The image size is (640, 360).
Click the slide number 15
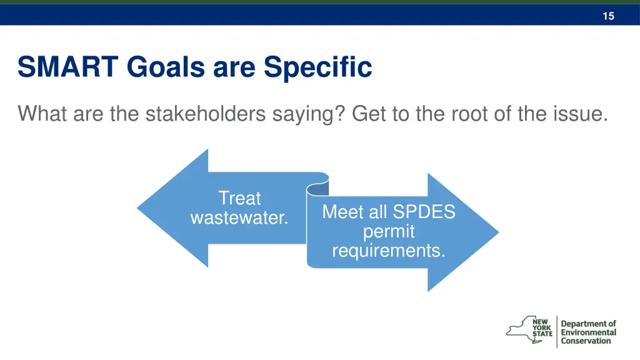608,16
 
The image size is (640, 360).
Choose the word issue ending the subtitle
580,114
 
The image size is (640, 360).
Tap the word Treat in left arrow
239,198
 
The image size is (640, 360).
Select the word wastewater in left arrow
239,218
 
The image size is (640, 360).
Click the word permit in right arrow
389,231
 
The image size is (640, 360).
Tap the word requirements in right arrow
389,251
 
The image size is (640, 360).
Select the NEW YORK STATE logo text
542,327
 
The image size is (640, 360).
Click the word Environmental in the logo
588,332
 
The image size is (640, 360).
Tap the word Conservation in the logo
586,341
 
